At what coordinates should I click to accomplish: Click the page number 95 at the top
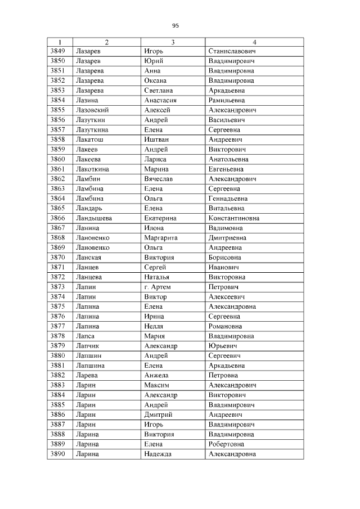175,25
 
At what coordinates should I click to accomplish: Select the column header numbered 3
173,42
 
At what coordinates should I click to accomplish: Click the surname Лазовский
92,110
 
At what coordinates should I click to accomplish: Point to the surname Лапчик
87,346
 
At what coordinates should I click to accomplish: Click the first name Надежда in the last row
157,454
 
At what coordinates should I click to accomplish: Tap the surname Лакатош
89,139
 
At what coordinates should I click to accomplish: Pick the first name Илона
154,228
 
